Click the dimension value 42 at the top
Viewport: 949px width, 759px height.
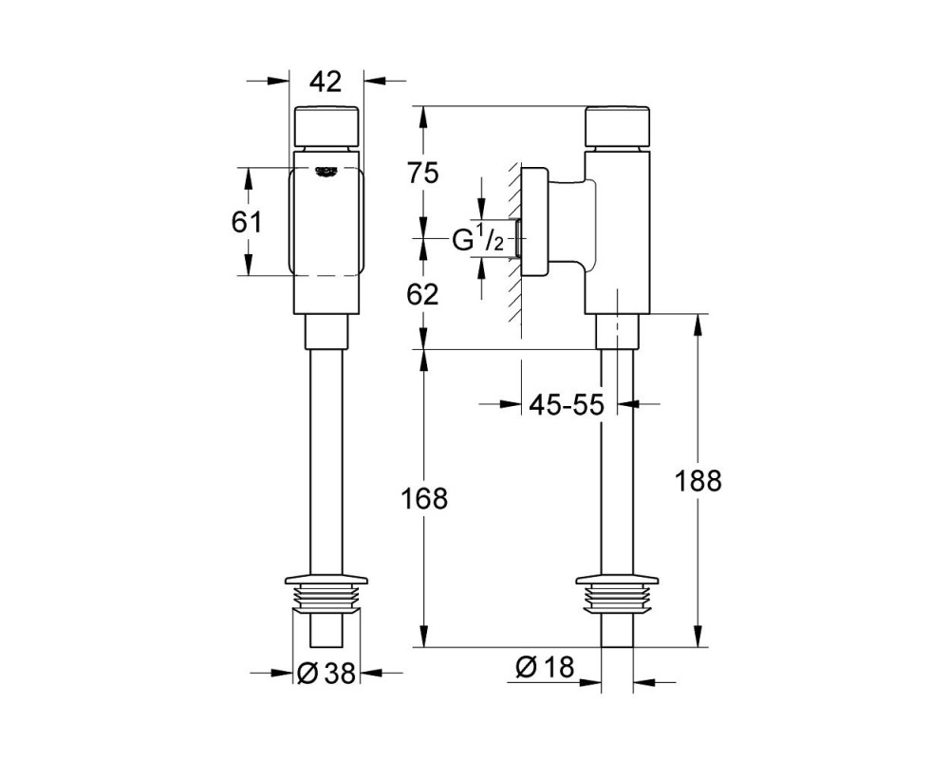pos(326,82)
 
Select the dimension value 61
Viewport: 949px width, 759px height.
pos(247,222)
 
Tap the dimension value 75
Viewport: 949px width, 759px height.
pos(422,175)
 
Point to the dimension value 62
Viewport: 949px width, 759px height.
pos(422,295)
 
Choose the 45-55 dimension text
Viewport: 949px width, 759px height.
pos(567,404)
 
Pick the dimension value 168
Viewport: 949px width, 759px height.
pos(424,499)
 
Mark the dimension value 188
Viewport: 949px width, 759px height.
pos(698,481)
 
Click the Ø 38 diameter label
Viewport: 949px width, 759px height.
pos(326,673)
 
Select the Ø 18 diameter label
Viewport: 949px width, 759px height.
pos(544,667)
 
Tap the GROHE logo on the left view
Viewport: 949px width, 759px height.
pos(326,172)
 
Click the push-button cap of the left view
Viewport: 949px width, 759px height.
pos(326,126)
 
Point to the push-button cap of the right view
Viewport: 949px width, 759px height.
pos(618,126)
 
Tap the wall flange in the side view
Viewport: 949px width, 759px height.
pos(534,221)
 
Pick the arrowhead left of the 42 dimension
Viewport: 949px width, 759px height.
pos(277,80)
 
